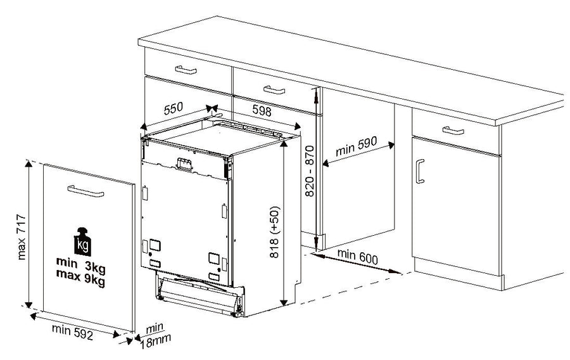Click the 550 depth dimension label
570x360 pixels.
[174, 108]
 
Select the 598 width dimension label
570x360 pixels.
[262, 110]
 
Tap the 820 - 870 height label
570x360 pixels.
[309, 171]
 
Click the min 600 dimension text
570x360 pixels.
[358, 257]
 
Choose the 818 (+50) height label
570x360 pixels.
[275, 232]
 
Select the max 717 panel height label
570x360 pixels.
[22, 237]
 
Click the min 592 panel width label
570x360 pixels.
[72, 331]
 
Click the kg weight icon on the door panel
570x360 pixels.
[82, 242]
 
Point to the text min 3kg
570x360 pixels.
[80, 265]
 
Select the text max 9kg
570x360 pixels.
[80, 278]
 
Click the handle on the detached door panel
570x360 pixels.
[85, 191]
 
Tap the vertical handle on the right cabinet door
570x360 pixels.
[420, 171]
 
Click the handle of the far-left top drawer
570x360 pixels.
[186, 70]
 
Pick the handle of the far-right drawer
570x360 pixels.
[453, 131]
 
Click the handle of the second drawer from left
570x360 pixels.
[274, 90]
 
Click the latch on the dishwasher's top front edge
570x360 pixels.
[184, 164]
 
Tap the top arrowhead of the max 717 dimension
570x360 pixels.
[28, 164]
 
